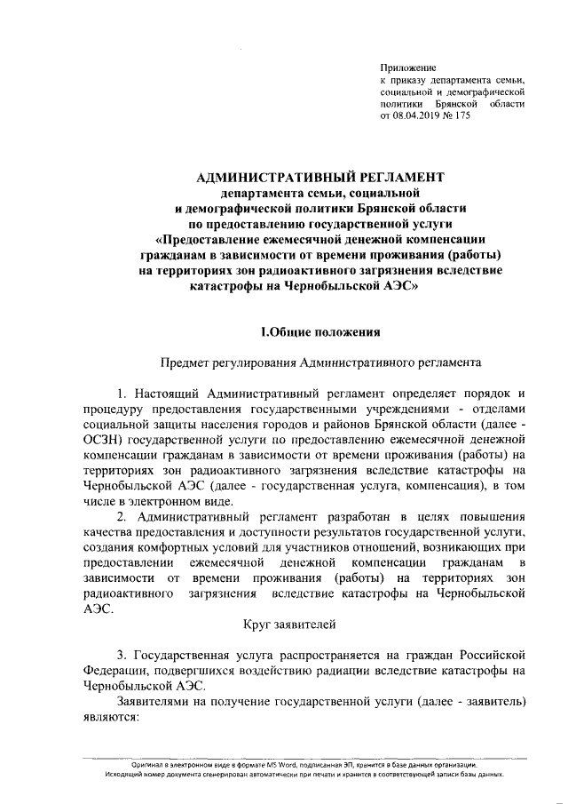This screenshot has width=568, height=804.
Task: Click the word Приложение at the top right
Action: (408, 68)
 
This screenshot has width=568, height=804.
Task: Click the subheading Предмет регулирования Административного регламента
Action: (319, 362)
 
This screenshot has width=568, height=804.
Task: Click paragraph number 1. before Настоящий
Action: (123, 393)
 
